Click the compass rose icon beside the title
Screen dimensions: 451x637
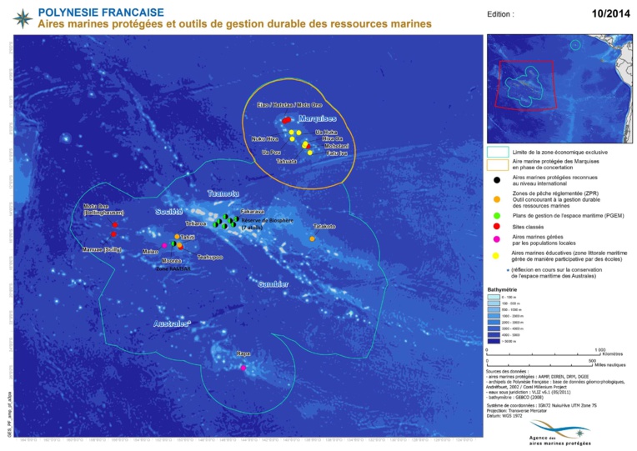23,17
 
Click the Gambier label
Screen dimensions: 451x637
273,283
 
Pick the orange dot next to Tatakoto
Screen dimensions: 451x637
313,239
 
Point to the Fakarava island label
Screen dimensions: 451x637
253,212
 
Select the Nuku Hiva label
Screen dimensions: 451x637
264,139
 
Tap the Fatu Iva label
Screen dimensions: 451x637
337,153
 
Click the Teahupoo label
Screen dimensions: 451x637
209,258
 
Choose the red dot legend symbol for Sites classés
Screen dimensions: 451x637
497,225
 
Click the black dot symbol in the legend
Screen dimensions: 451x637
497,178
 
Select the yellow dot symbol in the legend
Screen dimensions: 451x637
497,255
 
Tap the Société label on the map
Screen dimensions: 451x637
169,212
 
